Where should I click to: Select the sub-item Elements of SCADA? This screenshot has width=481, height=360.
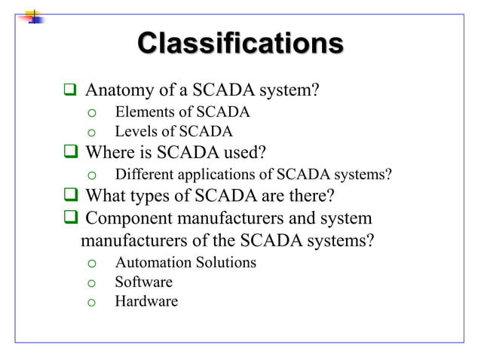(x=182, y=113)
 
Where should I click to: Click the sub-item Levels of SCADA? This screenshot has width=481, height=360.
(x=173, y=133)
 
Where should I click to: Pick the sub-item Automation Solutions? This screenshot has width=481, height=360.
(x=185, y=263)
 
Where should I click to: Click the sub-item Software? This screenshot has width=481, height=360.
(x=143, y=282)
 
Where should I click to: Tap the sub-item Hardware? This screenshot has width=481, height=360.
(x=146, y=302)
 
